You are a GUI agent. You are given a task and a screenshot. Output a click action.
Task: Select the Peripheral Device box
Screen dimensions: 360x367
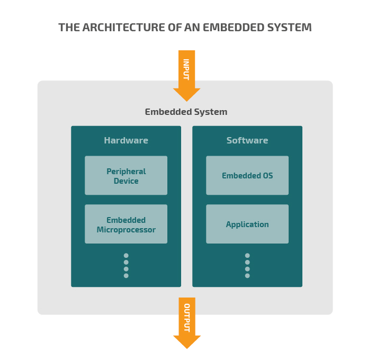[x=126, y=175]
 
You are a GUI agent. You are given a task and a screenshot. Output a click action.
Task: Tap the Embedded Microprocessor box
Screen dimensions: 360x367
[x=126, y=224]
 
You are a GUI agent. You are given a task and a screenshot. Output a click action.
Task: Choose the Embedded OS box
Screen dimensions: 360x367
[x=247, y=175]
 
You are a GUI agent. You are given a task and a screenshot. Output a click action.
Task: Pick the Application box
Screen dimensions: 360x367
[x=247, y=224]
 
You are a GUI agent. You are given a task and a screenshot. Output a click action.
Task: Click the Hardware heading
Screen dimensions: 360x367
[x=126, y=140]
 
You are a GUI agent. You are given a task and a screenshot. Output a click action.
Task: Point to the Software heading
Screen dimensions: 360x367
[x=247, y=140]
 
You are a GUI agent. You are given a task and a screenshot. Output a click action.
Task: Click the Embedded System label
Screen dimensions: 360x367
[x=186, y=112]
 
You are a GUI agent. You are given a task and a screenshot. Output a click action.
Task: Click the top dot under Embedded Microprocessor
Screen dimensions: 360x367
[x=126, y=256]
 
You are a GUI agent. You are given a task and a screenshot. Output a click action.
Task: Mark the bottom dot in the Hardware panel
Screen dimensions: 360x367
[x=126, y=276]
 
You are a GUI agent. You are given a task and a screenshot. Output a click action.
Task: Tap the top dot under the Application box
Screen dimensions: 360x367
[x=247, y=256]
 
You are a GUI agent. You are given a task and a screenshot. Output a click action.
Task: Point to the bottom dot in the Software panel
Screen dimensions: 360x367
[x=247, y=276]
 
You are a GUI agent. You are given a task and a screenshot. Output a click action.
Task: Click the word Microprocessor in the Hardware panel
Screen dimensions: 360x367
[x=126, y=230]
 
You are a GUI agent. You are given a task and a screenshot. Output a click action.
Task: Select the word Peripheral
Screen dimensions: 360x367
[x=126, y=172]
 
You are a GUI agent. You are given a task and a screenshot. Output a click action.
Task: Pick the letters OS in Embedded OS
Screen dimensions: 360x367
[x=267, y=176]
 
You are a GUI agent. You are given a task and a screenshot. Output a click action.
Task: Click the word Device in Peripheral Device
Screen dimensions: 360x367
[x=126, y=181]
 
